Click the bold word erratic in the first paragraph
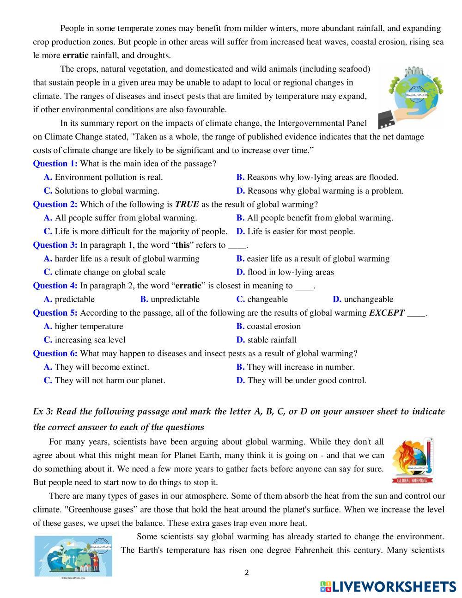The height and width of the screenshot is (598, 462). tap(75, 55)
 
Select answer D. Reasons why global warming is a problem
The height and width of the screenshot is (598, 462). tap(320, 191)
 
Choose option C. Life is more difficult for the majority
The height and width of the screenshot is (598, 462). tap(136, 232)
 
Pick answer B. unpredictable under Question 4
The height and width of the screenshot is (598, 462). tap(170, 299)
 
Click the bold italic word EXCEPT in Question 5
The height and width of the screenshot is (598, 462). tap(387, 313)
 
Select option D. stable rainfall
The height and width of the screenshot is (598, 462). tap(267, 340)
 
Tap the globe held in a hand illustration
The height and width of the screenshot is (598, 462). tap(410, 97)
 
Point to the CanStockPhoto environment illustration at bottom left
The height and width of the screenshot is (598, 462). tap(73, 556)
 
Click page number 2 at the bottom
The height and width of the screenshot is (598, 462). tap(247, 573)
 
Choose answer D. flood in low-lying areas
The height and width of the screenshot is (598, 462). tap(285, 272)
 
